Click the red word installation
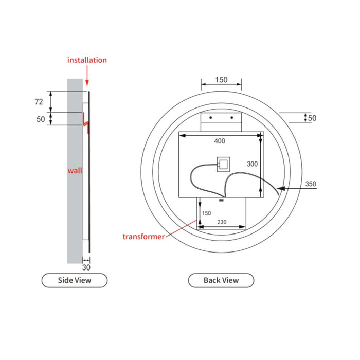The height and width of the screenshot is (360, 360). point(87,60)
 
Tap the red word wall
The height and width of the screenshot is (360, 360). point(75,170)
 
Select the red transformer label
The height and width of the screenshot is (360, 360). point(143,237)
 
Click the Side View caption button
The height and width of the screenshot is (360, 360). point(75,280)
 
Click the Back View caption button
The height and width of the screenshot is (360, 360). point(221,280)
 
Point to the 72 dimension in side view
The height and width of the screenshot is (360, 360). point(39,102)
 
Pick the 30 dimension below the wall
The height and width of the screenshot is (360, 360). point(86,267)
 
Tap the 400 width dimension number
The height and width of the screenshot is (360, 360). point(220,141)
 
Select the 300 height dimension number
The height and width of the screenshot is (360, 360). point(253,164)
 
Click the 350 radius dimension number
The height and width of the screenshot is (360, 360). point(311,184)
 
